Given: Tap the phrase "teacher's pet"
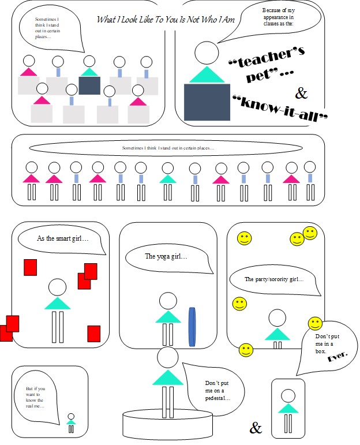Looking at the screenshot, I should (x=267, y=63).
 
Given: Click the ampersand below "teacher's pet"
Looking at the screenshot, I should (x=302, y=92).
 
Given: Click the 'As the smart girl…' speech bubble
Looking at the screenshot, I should (x=62, y=240).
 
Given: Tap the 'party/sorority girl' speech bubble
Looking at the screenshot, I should (x=274, y=280).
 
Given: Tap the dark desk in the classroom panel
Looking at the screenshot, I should (x=89, y=85).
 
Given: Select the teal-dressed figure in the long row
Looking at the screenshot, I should (x=167, y=179).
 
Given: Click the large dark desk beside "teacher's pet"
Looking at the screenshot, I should (x=206, y=103).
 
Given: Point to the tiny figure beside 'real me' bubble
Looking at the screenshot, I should (x=71, y=422).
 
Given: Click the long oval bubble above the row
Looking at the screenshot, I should (x=167, y=148).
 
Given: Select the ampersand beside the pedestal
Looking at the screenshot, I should (x=256, y=428).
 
